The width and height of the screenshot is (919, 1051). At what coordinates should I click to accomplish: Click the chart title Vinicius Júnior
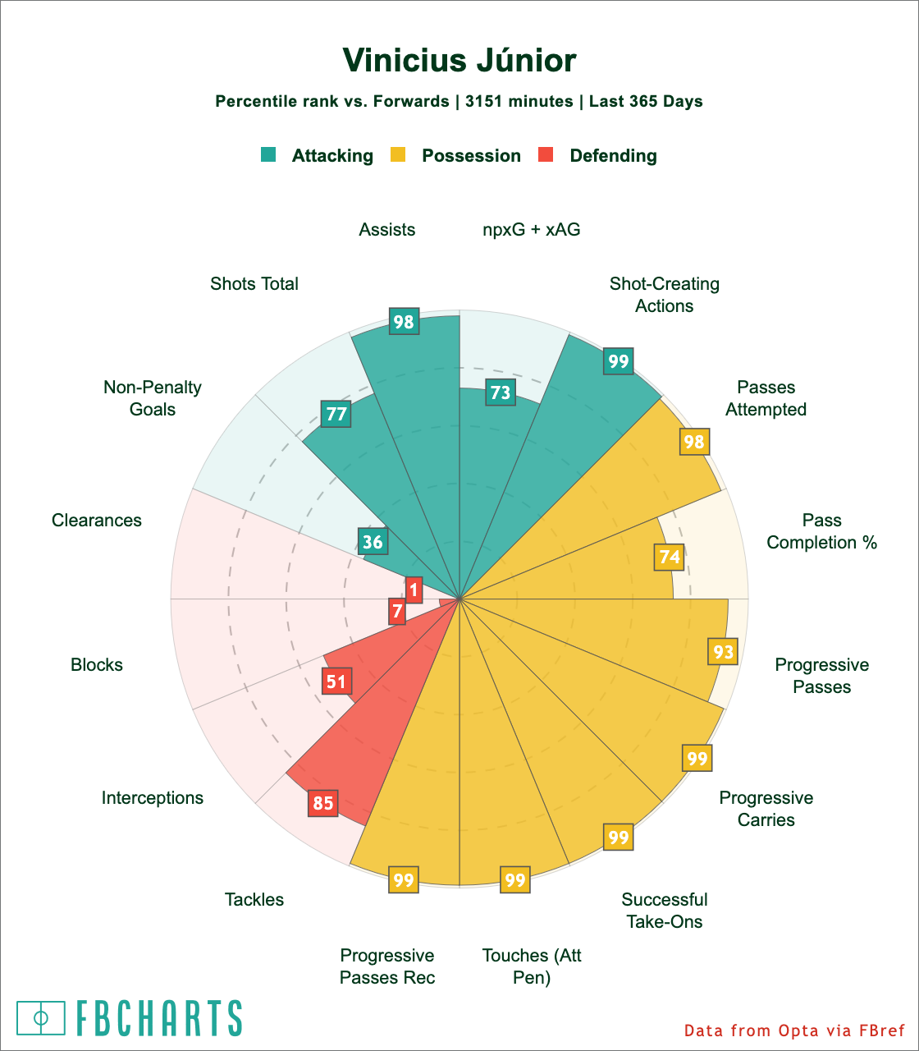click(x=459, y=62)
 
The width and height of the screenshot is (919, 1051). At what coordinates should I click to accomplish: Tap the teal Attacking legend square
click(x=268, y=154)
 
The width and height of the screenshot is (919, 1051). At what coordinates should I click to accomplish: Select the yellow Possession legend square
click(x=398, y=154)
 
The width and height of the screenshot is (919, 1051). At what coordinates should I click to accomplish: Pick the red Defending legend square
click(x=546, y=154)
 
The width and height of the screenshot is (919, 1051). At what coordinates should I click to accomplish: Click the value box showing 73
click(x=501, y=392)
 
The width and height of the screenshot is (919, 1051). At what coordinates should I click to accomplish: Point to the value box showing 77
click(x=336, y=414)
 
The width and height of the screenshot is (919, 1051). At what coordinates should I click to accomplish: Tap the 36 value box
click(x=373, y=542)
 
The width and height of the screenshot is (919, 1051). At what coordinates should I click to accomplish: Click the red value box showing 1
click(x=414, y=589)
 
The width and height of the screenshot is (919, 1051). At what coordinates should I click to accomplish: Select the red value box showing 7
click(x=397, y=611)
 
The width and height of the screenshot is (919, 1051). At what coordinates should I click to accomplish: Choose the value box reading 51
click(x=336, y=681)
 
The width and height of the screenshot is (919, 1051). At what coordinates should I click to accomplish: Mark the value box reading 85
click(x=323, y=802)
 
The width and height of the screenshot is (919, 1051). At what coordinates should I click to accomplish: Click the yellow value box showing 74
click(x=670, y=557)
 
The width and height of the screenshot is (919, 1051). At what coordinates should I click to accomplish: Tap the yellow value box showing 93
click(x=723, y=652)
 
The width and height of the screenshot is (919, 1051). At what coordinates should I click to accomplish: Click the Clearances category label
click(x=97, y=521)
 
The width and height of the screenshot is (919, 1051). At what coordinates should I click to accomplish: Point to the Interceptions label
click(x=153, y=797)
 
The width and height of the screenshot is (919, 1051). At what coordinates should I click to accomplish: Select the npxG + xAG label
click(x=532, y=230)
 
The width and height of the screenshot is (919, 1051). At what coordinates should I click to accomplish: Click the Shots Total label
click(x=254, y=284)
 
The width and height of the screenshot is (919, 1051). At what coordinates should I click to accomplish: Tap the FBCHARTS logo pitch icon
click(x=41, y=1017)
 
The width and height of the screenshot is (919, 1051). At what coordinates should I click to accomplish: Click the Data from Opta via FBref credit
click(x=793, y=1030)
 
